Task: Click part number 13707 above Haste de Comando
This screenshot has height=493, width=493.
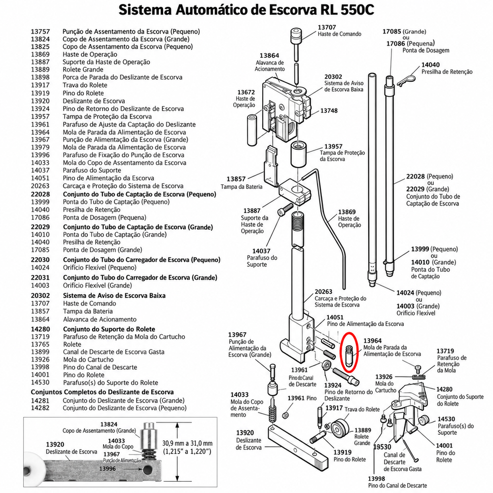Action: coord(327,27)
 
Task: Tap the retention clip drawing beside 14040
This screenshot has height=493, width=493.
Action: coord(406,79)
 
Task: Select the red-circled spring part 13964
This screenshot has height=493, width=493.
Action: coord(350,355)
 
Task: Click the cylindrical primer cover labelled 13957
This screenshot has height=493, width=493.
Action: coord(298,154)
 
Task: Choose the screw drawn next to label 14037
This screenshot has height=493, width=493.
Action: coord(285,209)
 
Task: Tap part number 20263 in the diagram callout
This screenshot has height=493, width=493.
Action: coord(323,292)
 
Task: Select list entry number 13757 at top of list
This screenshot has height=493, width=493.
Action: coord(40,32)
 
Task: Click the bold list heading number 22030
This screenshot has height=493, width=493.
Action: coord(40,260)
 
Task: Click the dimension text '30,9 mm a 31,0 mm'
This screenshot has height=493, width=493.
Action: coord(187,443)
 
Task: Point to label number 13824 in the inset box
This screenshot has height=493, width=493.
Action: coord(109,424)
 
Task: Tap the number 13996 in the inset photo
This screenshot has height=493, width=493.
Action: coord(107,468)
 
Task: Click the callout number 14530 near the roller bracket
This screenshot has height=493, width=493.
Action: coord(447,419)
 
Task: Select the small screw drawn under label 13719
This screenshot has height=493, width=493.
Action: coord(418,368)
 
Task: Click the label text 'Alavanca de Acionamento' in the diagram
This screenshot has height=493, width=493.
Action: coord(270,66)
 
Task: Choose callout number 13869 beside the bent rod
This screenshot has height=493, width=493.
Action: coord(347,212)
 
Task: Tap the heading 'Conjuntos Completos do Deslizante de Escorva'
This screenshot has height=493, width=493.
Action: coord(102,392)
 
